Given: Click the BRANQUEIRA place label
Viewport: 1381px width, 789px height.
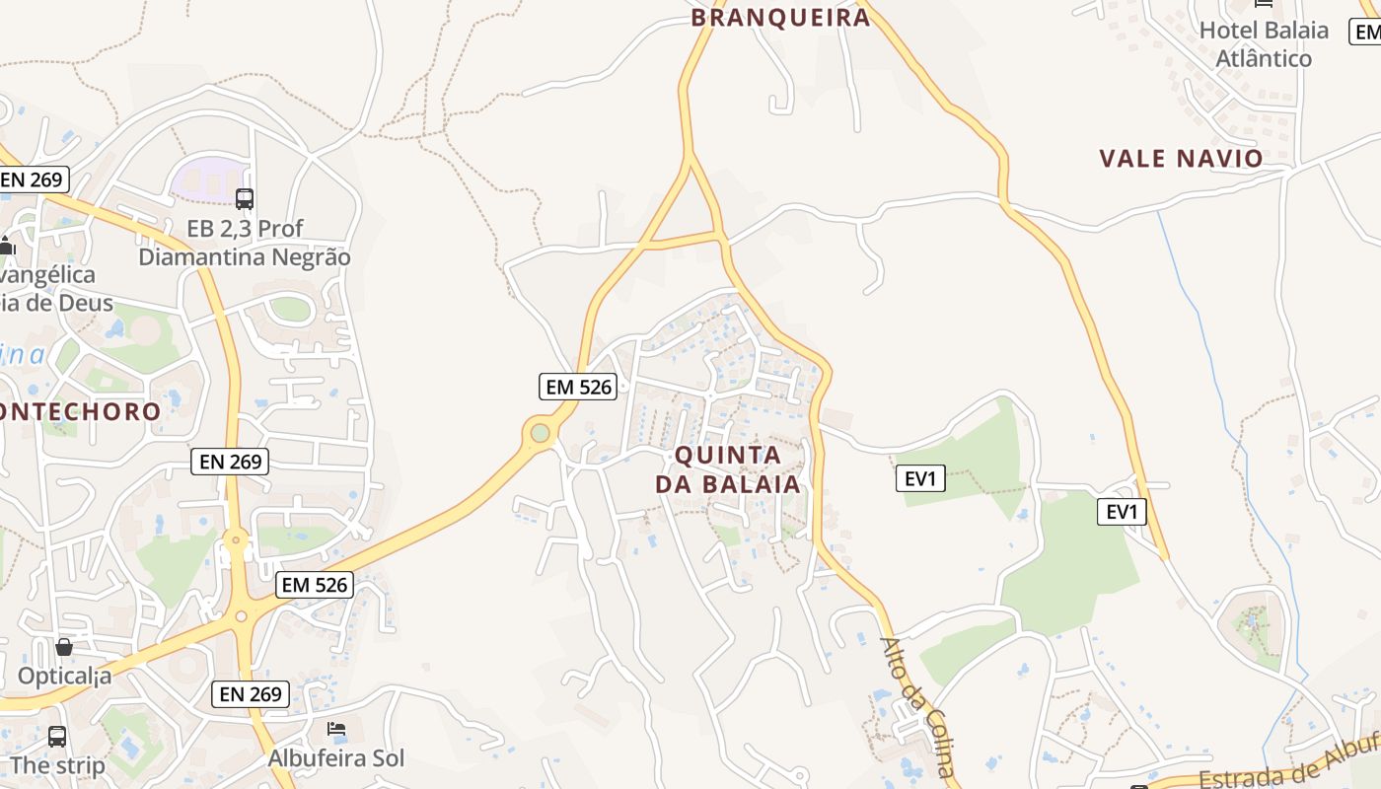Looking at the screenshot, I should coord(780,17).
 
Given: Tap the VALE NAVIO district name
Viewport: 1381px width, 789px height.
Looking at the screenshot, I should coord(1181,158).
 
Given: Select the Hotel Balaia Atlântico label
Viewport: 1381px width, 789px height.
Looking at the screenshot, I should coord(1264,44).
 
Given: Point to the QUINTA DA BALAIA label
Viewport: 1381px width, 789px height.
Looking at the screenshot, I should coord(728,469).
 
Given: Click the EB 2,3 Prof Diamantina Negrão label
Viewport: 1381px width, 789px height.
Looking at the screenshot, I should coord(245,243).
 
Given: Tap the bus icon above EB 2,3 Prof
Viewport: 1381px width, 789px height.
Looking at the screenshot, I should coord(245,199).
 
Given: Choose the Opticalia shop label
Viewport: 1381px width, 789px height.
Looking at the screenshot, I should coord(65,677).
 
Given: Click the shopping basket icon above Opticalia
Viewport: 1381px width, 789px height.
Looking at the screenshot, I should coord(64,647).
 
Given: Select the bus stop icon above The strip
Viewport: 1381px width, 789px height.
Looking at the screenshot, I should coord(57,736).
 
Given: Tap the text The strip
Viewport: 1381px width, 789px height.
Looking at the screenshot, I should coord(57,765).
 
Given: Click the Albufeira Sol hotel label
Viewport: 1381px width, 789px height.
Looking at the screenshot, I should coord(336,758).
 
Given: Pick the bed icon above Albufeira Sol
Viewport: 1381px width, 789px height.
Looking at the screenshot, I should coord(336,730).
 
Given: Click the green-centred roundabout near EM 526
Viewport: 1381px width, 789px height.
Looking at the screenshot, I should coord(540,432).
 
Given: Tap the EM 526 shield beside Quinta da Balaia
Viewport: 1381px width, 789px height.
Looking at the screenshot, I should coord(579,387).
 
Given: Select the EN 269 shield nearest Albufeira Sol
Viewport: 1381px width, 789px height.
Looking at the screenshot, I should coord(252,693).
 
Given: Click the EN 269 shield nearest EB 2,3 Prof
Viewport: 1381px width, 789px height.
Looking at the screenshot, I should coord(33,179).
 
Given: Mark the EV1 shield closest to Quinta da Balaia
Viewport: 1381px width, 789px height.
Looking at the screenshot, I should coord(920,479).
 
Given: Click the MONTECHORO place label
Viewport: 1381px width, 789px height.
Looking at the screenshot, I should coord(79,411).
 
